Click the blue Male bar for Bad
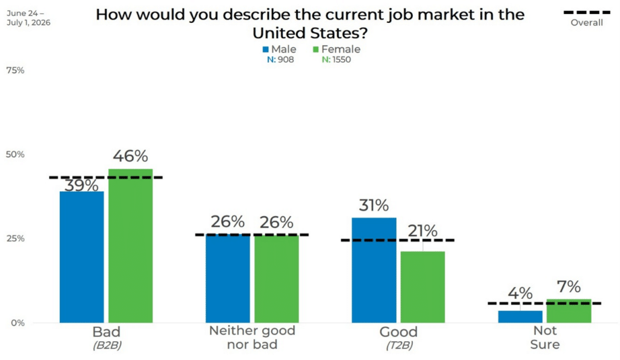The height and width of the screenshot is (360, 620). click(x=82, y=257)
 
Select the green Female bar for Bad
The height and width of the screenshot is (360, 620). click(x=131, y=246)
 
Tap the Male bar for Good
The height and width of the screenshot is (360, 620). click(x=374, y=270)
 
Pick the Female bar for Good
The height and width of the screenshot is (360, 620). click(x=423, y=287)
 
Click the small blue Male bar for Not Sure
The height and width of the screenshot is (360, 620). click(x=520, y=317)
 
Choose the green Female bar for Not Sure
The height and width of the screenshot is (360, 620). click(x=569, y=311)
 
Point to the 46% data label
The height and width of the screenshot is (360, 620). click(x=131, y=156)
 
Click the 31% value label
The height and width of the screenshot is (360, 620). click(x=374, y=206)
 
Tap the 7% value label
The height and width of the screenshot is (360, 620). click(x=569, y=287)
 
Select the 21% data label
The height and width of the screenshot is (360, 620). click(x=423, y=231)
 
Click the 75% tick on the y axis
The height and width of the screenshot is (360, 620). click(x=15, y=70)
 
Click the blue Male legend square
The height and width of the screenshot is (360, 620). click(x=266, y=50)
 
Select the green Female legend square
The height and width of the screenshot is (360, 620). click(x=316, y=50)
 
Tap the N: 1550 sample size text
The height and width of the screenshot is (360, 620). click(x=336, y=60)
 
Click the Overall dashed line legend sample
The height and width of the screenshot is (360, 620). click(x=587, y=13)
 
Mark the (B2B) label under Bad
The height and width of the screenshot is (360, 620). click(x=107, y=345)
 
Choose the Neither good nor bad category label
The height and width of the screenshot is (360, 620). click(x=252, y=338)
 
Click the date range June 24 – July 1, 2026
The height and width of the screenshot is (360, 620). click(x=28, y=18)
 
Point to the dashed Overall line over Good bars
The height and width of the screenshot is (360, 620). click(x=398, y=240)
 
